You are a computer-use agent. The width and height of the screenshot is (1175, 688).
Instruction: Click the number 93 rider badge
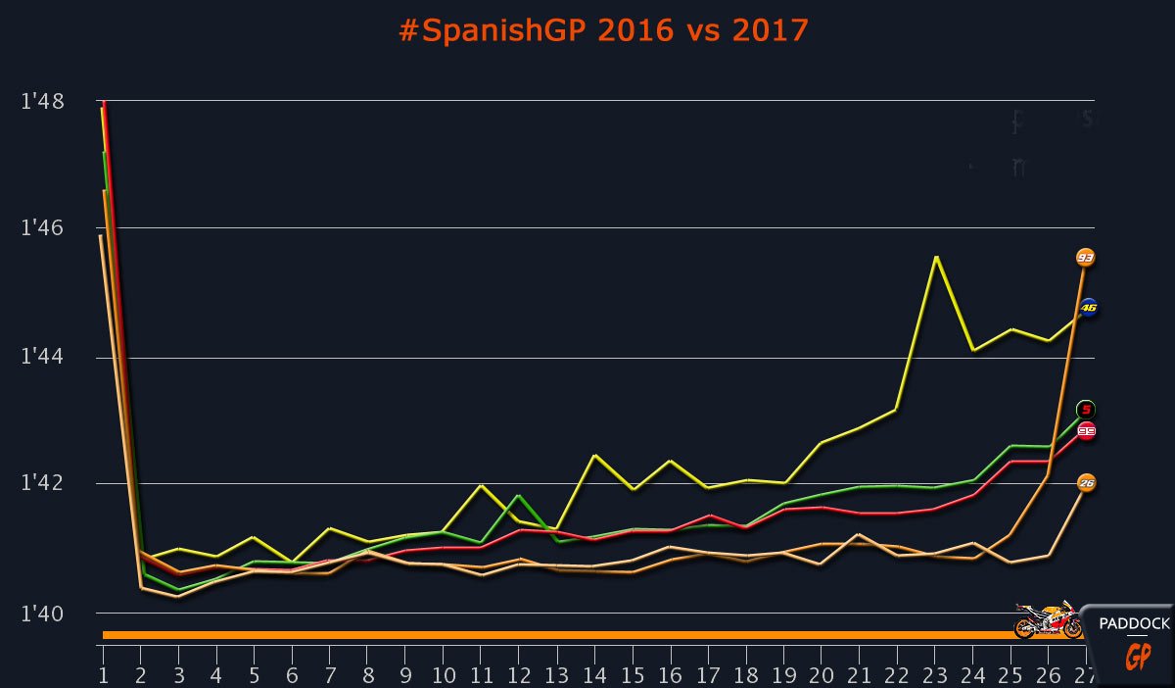pyautogui.click(x=1085, y=258)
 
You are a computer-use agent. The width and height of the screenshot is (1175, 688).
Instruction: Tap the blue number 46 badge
pyautogui.click(x=1088, y=308)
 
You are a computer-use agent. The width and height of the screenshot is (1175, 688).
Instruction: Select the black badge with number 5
pyautogui.click(x=1085, y=409)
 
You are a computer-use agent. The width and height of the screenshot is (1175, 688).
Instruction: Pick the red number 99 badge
pyautogui.click(x=1086, y=430)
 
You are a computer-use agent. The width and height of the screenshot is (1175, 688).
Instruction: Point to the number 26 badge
pyautogui.click(x=1086, y=482)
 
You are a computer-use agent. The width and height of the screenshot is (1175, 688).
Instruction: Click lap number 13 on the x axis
pyautogui.click(x=557, y=675)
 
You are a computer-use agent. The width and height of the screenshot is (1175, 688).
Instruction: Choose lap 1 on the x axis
pyautogui.click(x=103, y=675)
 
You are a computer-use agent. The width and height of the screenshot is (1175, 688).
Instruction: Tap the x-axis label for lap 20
pyautogui.click(x=821, y=675)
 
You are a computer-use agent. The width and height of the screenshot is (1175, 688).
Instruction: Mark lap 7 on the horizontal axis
pyautogui.click(x=330, y=675)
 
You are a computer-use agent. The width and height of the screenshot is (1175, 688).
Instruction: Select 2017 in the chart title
pyautogui.click(x=771, y=30)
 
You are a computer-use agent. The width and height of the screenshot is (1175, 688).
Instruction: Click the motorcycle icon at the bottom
pyautogui.click(x=1046, y=620)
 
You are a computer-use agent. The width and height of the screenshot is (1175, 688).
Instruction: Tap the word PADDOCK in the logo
pyautogui.click(x=1134, y=624)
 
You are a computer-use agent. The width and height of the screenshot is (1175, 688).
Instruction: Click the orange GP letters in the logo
pyautogui.click(x=1137, y=656)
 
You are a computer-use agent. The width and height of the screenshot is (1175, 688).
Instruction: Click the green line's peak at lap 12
pyautogui.click(x=519, y=496)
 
